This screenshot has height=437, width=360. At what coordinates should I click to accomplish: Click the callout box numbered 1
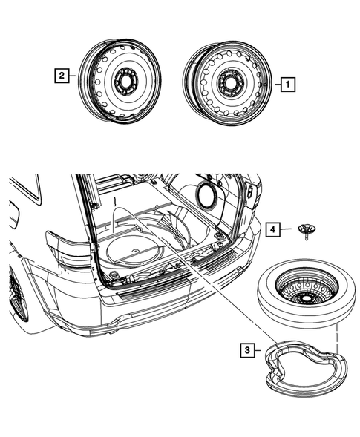(287, 85)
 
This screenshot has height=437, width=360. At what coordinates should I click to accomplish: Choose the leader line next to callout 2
(76, 74)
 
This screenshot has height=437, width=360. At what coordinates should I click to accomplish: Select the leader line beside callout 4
(289, 231)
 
